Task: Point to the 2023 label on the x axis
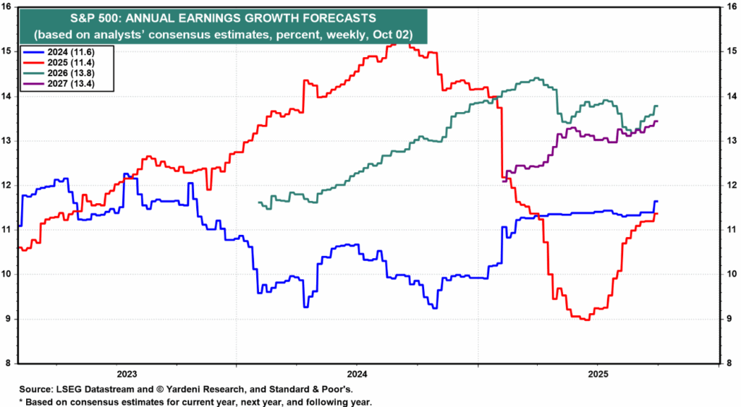(x=127, y=374)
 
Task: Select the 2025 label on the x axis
(x=598, y=374)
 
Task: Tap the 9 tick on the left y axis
(x=9, y=319)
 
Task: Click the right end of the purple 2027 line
(x=657, y=121)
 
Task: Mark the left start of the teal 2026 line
(x=258, y=202)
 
